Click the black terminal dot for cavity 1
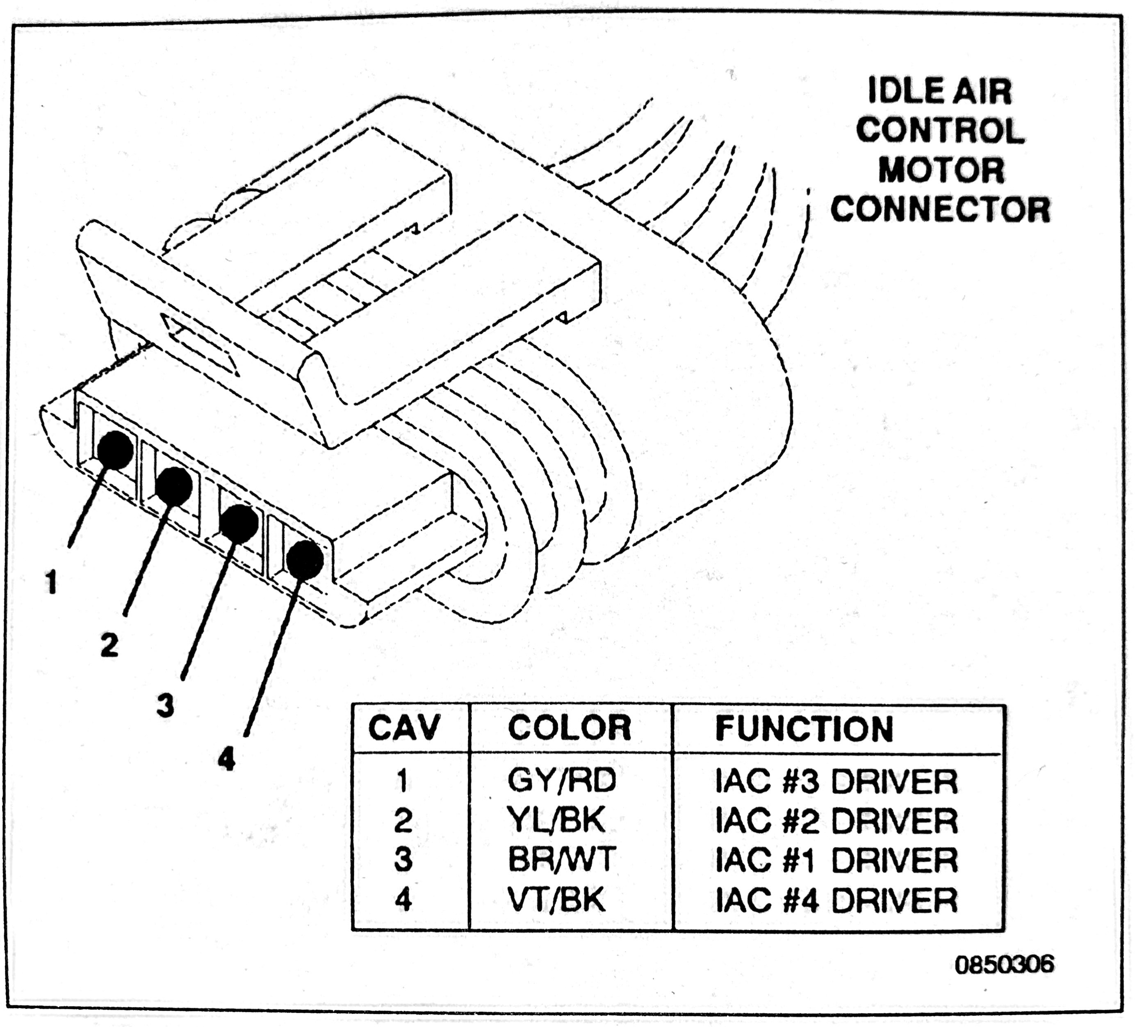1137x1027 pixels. click(116, 450)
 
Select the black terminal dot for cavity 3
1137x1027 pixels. click(239, 524)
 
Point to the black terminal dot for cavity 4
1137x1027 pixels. click(305, 560)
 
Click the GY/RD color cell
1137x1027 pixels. click(562, 781)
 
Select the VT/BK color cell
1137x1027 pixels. click(556, 899)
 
